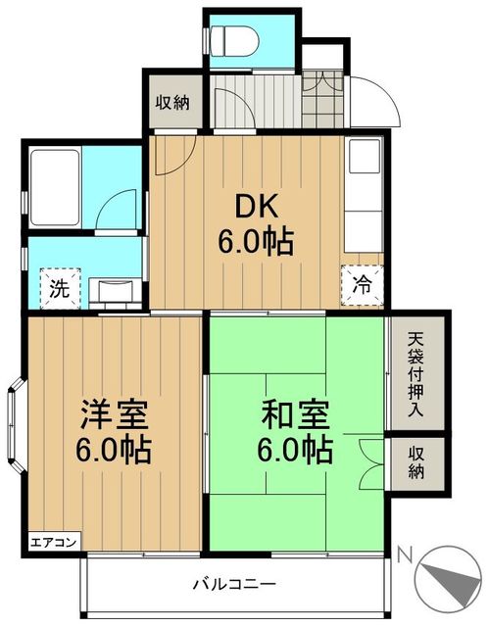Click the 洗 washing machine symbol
(x=58, y=289)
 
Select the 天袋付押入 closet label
(x=415, y=376)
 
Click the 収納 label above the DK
(x=174, y=103)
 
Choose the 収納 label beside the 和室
(x=416, y=463)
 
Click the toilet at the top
(x=234, y=40)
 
